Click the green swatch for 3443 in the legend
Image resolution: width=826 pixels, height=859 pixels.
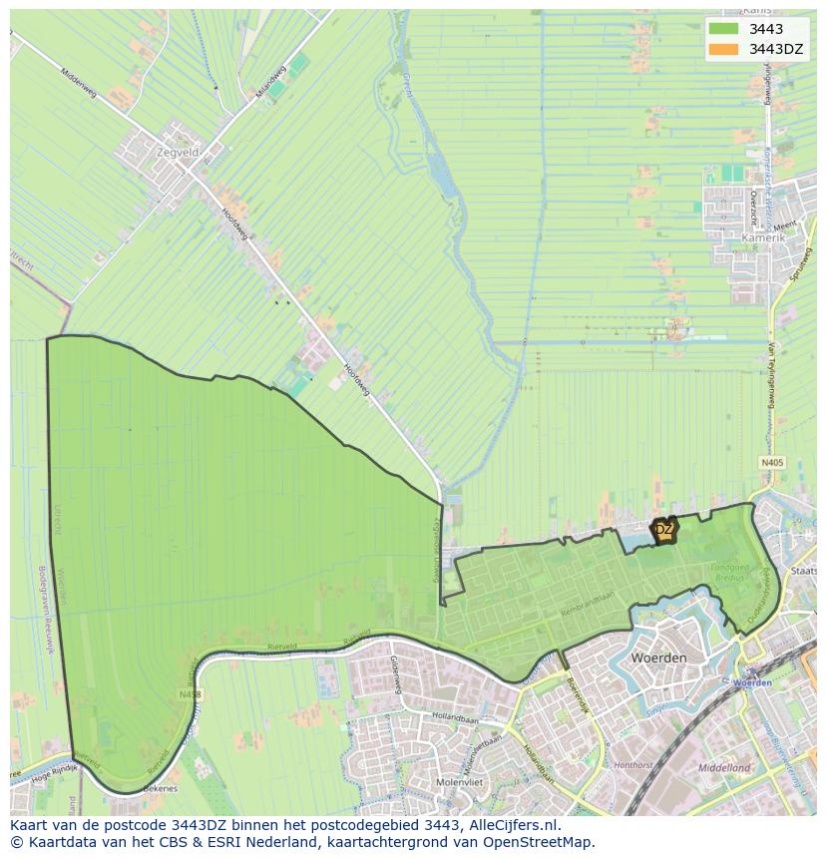click(723, 29)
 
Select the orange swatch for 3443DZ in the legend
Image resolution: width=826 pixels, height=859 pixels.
click(723, 49)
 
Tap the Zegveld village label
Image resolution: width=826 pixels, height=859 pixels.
click(178, 153)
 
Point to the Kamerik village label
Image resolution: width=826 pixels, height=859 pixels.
click(764, 239)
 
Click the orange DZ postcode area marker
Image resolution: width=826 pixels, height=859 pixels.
click(664, 530)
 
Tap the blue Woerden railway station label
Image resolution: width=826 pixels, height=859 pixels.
click(752, 682)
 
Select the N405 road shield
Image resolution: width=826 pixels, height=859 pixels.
click(771, 463)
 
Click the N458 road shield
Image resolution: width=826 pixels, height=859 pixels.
click(190, 693)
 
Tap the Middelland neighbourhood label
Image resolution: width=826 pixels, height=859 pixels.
click(724, 768)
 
